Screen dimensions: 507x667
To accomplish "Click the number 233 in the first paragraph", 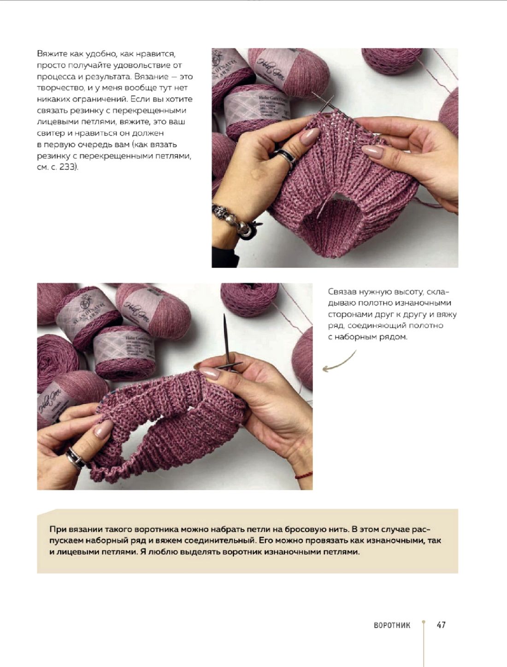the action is pyautogui.click(x=68, y=167).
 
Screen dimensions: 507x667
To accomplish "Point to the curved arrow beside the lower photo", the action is pyautogui.click(x=339, y=362).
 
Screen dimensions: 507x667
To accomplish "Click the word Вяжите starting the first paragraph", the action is pyautogui.click(x=52, y=54).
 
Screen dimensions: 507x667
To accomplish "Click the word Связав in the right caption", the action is pyautogui.click(x=342, y=292).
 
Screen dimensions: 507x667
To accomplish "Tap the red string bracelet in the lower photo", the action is pyautogui.click(x=304, y=475).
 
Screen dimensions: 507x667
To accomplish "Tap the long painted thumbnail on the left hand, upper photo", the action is pyautogui.click(x=309, y=136).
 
